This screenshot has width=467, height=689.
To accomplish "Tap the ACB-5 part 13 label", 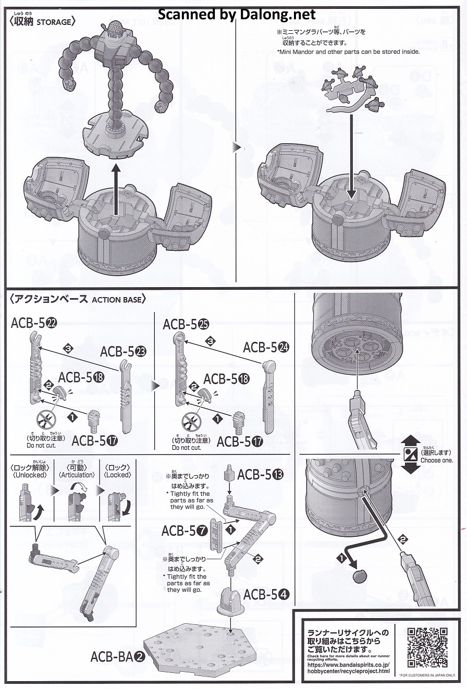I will coord(261,475).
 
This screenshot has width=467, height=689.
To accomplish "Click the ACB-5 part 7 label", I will coord(185,531).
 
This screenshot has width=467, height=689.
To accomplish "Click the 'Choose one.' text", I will coord(437,460).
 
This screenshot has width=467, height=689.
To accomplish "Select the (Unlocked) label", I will coord(28,475).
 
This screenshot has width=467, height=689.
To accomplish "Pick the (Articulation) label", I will coord(77,475).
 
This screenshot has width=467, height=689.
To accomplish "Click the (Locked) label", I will coord(118,475).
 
